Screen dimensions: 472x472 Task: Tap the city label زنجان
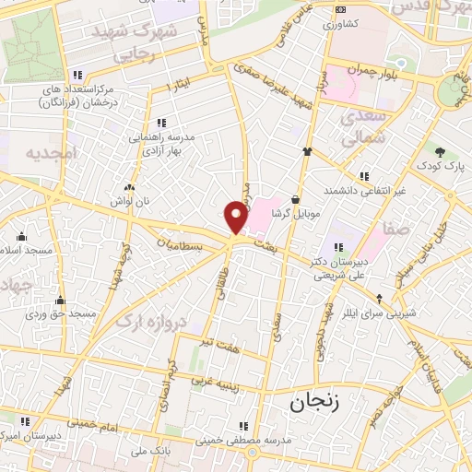coord(315,403)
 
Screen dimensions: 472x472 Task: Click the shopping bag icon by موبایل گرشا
coord(295,199)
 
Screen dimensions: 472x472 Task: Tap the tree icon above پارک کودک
coord(440,152)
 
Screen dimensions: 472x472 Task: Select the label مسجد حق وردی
coord(61,314)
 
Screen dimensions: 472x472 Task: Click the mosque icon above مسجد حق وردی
coord(61,300)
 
